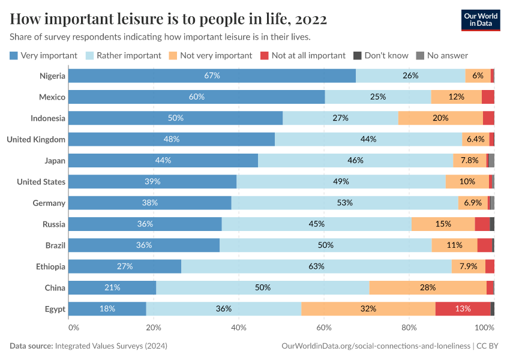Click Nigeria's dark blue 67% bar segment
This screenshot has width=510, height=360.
click(x=212, y=76)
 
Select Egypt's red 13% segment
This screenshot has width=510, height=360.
click(x=463, y=309)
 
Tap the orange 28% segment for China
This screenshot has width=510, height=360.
click(x=428, y=287)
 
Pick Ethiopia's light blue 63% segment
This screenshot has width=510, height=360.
click(x=316, y=266)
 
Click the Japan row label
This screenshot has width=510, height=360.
click(x=55, y=160)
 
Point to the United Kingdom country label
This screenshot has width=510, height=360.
click(x=36, y=139)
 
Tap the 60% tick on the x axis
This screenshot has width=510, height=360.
click(x=324, y=328)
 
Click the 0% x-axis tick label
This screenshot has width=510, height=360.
click(x=73, y=328)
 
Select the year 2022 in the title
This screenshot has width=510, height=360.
click(x=311, y=20)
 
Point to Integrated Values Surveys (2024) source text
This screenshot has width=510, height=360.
click(x=111, y=346)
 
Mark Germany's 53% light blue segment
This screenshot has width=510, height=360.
click(x=344, y=203)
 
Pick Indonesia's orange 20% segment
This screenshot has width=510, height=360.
click(x=440, y=118)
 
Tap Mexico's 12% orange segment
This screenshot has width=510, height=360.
click(x=456, y=97)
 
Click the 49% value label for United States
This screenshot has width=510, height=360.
click(x=341, y=182)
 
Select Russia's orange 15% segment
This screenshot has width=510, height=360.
click(x=443, y=224)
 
